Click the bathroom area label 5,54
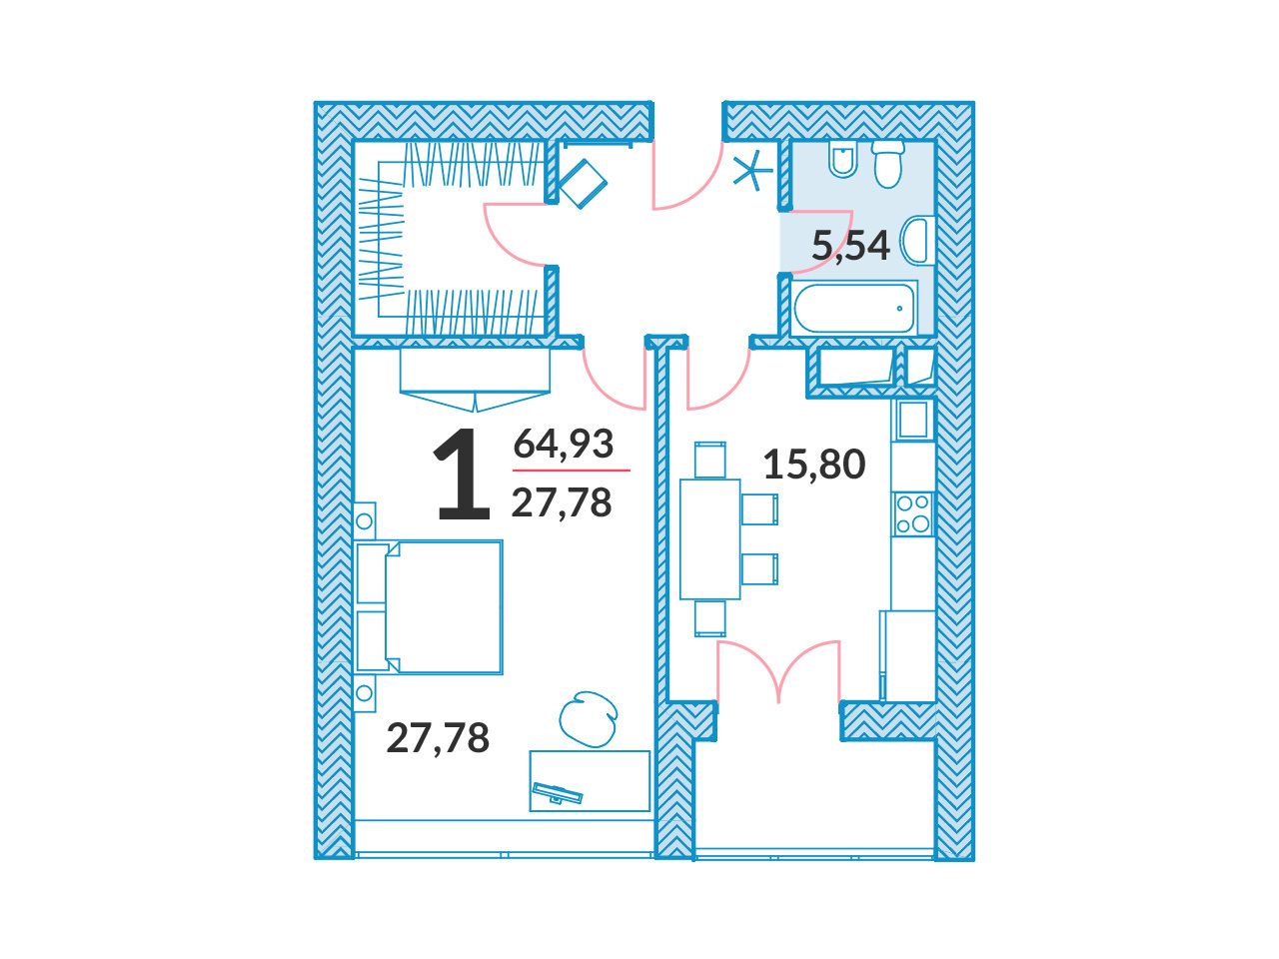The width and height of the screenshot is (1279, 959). click(850, 247)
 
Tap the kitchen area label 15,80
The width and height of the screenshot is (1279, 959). click(813, 466)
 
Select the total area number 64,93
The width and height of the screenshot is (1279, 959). click(563, 444)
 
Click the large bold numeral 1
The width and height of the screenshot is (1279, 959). click(464, 474)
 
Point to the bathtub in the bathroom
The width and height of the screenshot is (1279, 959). click(854, 308)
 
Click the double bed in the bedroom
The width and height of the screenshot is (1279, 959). click(429, 607)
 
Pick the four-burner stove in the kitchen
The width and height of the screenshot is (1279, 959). click(912, 513)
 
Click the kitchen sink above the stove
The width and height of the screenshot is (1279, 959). click(912, 420)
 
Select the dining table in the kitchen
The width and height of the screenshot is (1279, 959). click(709, 539)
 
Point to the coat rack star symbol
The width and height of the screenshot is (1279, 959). click(752, 170)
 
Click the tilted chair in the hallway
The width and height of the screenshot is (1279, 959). click(581, 182)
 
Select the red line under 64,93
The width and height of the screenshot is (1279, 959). click(571, 470)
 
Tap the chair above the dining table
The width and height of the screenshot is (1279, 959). click(710, 460)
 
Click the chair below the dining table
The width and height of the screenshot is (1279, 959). click(710, 618)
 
